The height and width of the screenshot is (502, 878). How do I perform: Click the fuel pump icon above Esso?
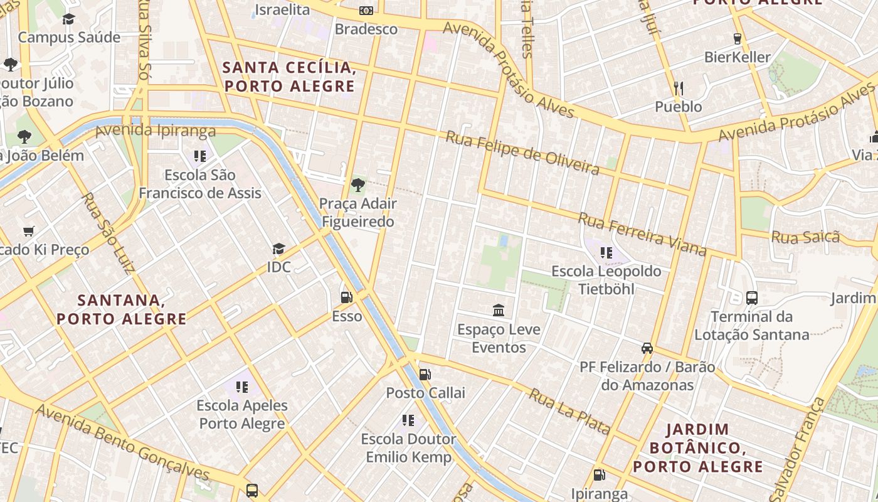click(x=346, y=297)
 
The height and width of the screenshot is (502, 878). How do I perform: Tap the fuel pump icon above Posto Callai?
click(x=425, y=375)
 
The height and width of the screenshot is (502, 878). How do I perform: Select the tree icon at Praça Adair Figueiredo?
click(x=358, y=185)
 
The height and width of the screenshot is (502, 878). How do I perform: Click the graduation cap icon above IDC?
click(x=278, y=249)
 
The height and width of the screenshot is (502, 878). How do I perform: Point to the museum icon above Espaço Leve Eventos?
click(x=499, y=310)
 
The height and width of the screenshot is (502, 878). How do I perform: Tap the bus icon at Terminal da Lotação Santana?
click(x=751, y=298)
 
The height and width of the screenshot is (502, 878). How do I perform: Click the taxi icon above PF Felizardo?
click(x=647, y=348)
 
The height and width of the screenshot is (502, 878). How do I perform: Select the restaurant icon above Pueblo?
click(x=678, y=88)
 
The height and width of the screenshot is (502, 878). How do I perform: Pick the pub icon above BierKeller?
click(x=737, y=38)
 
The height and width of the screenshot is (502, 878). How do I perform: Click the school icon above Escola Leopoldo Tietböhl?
click(x=606, y=253)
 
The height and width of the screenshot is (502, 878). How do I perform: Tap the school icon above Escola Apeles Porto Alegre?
click(x=241, y=387)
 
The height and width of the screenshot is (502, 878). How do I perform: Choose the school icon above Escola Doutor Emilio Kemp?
click(x=408, y=420)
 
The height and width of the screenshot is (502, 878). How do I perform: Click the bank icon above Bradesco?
click(x=366, y=11)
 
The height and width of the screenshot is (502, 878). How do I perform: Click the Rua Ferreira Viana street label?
click(x=642, y=235)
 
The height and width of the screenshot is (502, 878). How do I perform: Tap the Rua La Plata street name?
click(x=569, y=412)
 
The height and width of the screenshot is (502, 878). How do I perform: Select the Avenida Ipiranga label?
click(x=156, y=131)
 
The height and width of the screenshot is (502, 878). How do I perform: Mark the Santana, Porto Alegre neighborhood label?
click(x=122, y=309)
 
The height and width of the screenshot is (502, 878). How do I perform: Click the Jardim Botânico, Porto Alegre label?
click(x=697, y=448)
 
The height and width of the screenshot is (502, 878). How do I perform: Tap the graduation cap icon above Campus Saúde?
click(x=68, y=19)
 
